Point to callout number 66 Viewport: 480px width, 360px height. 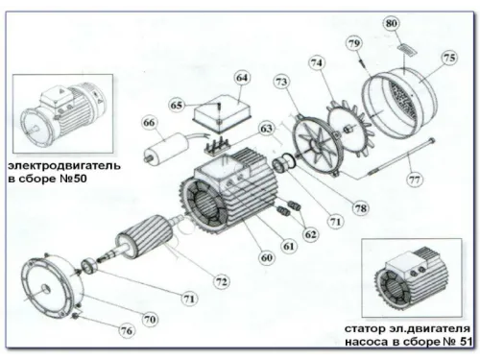click(149, 123)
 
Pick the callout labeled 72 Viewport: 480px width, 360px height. click(222, 281)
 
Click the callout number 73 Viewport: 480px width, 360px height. click(281, 84)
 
